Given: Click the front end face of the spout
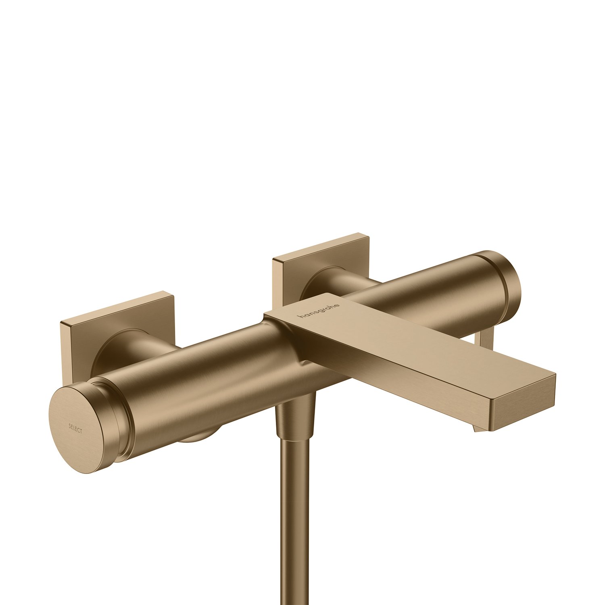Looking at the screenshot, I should (524, 407).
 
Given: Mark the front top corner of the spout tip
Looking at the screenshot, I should (555, 375).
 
